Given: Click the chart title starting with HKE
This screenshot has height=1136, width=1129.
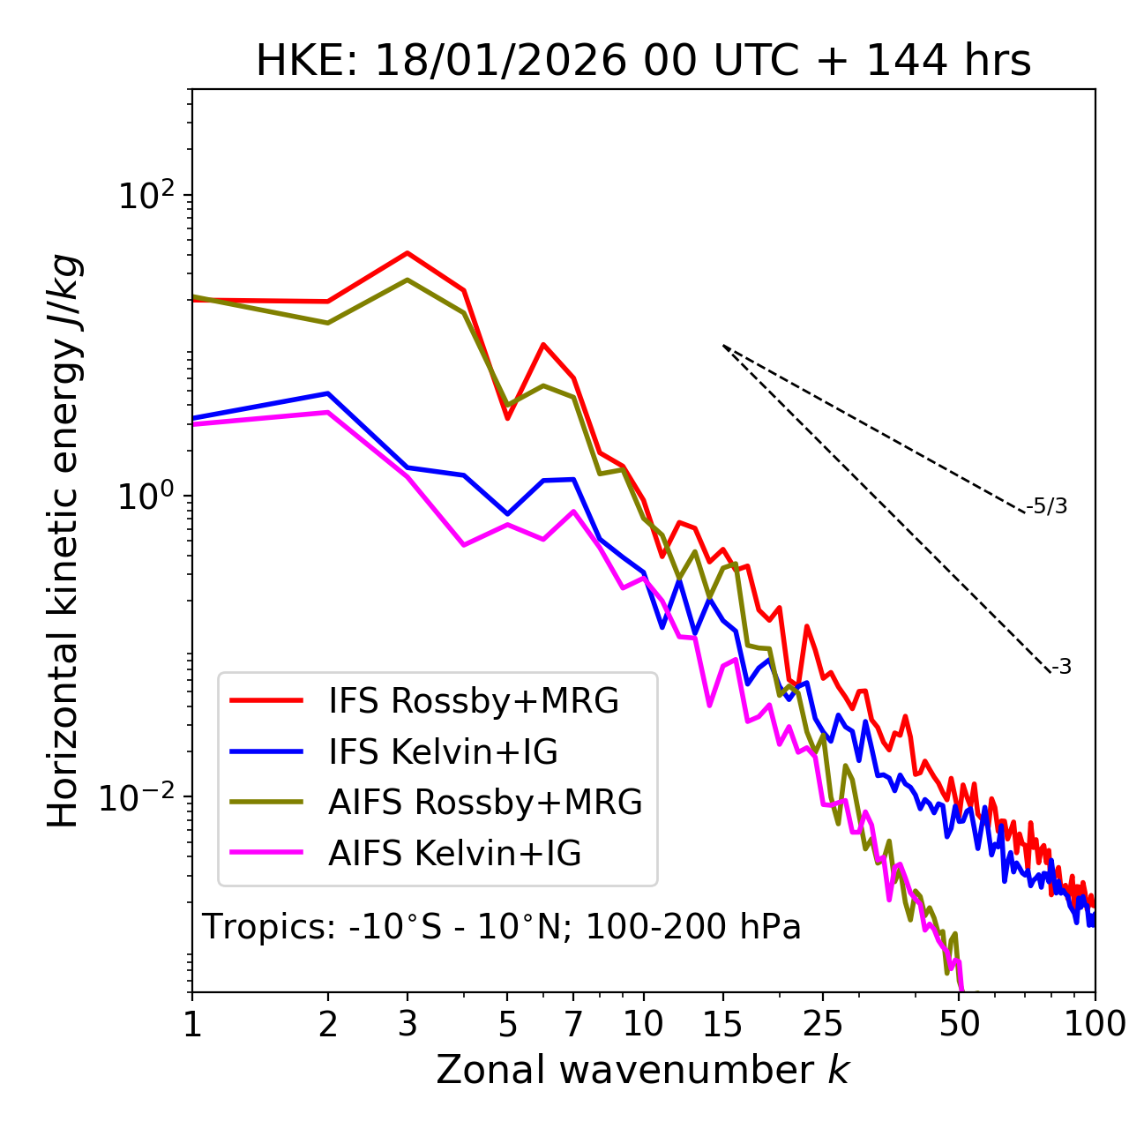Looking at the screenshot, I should coord(643,61).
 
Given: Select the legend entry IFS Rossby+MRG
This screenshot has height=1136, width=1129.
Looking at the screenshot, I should coord(473,700).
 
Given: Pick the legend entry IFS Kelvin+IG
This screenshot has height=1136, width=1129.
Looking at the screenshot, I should coord(443,751).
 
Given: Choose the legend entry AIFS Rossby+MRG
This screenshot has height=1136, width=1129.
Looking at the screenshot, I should coord(485,803).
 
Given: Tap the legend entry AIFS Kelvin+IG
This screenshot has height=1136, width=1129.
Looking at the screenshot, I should coord(454,854).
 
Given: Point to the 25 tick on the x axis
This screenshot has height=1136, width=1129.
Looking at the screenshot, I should coord(823,1023).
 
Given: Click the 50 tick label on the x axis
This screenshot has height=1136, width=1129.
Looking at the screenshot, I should coord(960,1023).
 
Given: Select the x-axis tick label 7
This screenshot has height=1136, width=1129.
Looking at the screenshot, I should coord(573,1023).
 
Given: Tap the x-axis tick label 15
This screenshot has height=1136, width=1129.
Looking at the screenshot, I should coord(722,1023).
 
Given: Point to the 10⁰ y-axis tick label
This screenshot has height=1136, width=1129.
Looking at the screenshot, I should coord(146,496).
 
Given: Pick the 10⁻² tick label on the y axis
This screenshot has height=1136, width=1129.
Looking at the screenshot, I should coord(141,797).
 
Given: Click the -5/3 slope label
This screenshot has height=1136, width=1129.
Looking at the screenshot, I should coord(1047,506).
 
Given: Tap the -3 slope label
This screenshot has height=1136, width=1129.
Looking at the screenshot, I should coord(1061,667).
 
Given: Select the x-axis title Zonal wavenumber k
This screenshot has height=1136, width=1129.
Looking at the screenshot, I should coord(643,1070).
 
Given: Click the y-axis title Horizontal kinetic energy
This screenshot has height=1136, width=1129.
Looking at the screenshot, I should coord(64,542).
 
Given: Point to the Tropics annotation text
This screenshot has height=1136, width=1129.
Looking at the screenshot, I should coord(502,927).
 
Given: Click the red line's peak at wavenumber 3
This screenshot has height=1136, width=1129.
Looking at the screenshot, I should coord(407,253).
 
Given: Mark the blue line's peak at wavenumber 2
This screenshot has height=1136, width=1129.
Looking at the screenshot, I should coord(328,393).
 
